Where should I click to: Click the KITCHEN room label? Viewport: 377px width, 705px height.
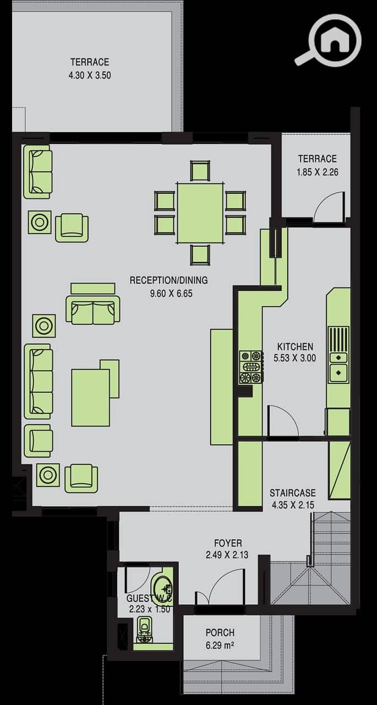295,346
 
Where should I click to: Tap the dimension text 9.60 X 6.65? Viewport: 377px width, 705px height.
171,294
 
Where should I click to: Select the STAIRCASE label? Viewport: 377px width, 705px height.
292,492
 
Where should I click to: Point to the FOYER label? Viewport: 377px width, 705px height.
228,543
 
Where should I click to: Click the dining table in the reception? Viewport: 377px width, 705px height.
200,213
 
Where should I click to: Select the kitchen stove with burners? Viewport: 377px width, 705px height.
250,367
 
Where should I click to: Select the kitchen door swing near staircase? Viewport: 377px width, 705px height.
283,420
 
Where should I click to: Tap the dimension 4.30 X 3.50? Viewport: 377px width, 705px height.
90,75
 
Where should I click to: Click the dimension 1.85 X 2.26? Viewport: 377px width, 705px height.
317,172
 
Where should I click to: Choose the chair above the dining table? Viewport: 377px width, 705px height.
200,171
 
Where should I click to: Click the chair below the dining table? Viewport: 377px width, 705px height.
200,255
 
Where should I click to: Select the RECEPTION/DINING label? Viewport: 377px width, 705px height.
169,280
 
